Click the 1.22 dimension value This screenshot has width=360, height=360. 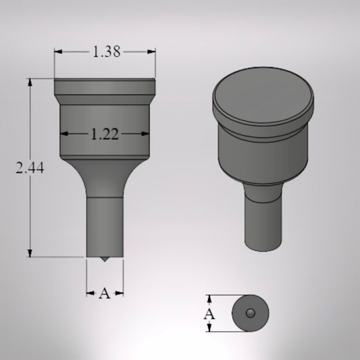pos(105,134)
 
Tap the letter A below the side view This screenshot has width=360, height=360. pos(104,294)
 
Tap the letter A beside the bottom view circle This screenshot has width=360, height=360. pos(210,314)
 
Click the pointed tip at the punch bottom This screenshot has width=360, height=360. pos(104,260)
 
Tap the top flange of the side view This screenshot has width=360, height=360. pos(105,87)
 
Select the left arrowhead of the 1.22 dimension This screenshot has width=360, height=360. pos(64,134)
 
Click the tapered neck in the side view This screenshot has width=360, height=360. pos(104,177)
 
